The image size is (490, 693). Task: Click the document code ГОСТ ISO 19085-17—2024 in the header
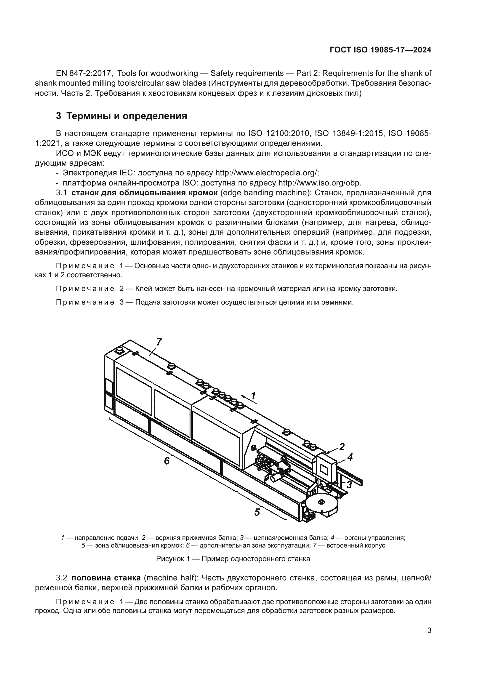(x=380, y=50)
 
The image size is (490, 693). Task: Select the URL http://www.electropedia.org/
(x=267, y=173)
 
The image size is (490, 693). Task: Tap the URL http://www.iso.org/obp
(x=320, y=183)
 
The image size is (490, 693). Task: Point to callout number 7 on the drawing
(x=159, y=342)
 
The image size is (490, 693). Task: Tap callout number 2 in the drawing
(x=342, y=446)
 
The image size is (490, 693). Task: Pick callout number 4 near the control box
(x=350, y=457)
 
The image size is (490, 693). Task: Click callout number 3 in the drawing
(x=349, y=484)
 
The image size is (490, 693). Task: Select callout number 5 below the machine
(x=257, y=512)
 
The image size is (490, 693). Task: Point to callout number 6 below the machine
(x=167, y=461)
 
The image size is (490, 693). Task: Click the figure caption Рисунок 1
(x=233, y=559)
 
